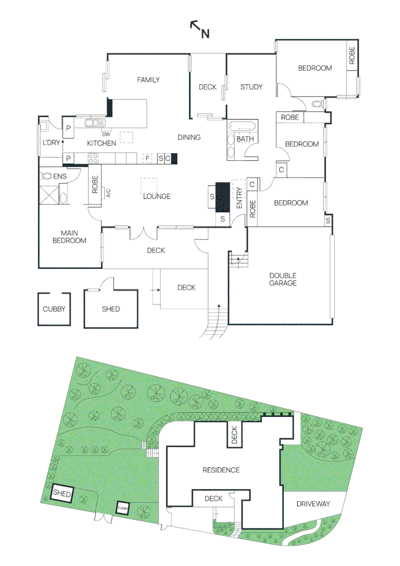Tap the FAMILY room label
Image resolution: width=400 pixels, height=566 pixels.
pos(148,80)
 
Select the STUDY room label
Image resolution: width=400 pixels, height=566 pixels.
pos(251,87)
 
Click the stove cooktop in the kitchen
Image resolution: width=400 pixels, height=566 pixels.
pos(94,158)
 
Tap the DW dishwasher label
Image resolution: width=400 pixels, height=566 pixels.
pos(106,133)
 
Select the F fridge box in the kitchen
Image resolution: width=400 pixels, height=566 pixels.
pos(148,158)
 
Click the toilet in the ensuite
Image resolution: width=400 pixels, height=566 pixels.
pos(47,177)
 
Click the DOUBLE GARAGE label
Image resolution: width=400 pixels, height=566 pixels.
pos(283,279)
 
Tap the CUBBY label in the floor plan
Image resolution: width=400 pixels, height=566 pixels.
pos(54,309)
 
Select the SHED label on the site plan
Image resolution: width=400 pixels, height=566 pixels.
pos(62,493)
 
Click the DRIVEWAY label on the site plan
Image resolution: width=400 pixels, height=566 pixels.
pos(313,504)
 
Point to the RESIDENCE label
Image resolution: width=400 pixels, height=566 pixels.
pos(221,470)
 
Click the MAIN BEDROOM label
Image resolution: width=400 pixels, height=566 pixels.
pos(73,237)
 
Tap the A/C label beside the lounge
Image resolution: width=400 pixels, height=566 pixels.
pos(107,192)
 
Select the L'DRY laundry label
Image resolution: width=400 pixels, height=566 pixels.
pos(51,143)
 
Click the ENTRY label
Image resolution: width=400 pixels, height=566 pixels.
pos(240,199)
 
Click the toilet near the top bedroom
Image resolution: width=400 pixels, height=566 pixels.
pos(317,104)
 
